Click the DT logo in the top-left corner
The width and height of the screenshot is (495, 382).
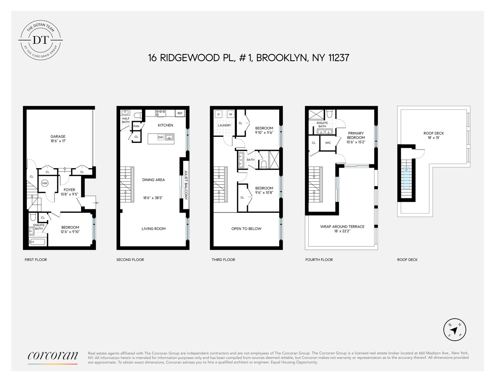click(x=41, y=39)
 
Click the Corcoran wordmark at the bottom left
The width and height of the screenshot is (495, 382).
click(x=53, y=356)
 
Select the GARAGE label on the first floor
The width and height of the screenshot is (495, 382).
click(x=58, y=136)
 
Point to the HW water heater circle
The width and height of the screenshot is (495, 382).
click(x=45, y=183)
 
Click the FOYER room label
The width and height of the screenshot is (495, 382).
click(x=69, y=190)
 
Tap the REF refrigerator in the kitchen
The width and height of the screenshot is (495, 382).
click(x=180, y=113)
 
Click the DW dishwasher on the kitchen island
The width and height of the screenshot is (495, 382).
click(x=160, y=137)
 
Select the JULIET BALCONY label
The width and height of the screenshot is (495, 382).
click(x=186, y=185)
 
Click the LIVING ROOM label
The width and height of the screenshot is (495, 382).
click(x=153, y=229)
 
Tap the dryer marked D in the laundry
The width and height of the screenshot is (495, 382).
click(x=218, y=114)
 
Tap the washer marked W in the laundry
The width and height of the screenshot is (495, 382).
click(x=231, y=114)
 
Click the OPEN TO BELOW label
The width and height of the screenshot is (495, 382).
click(x=246, y=229)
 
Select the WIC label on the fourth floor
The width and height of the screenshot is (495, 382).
click(x=328, y=143)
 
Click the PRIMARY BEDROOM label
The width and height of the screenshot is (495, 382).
click(x=356, y=136)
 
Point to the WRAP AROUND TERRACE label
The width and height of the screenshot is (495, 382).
click(x=342, y=227)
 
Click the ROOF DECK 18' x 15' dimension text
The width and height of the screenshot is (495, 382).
click(x=434, y=138)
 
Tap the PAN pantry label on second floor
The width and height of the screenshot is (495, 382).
click(x=137, y=126)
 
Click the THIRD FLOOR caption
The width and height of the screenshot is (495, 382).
click(x=223, y=260)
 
